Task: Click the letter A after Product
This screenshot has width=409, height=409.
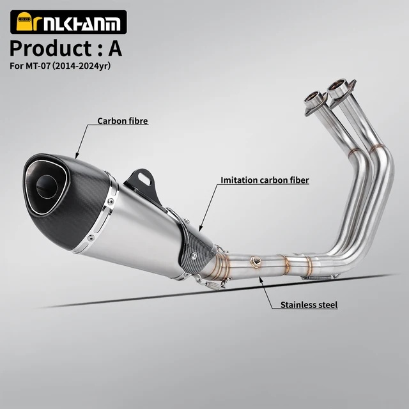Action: coord(115,49)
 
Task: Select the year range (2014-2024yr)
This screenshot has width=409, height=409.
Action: coord(81,66)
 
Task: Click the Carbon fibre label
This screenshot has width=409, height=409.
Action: coord(123,121)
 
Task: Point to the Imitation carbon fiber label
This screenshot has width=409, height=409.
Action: coord(265,180)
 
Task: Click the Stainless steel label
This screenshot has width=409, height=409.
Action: coord(309,305)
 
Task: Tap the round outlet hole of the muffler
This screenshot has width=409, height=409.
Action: coord(47,187)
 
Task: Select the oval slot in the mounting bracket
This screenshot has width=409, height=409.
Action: coord(144,178)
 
